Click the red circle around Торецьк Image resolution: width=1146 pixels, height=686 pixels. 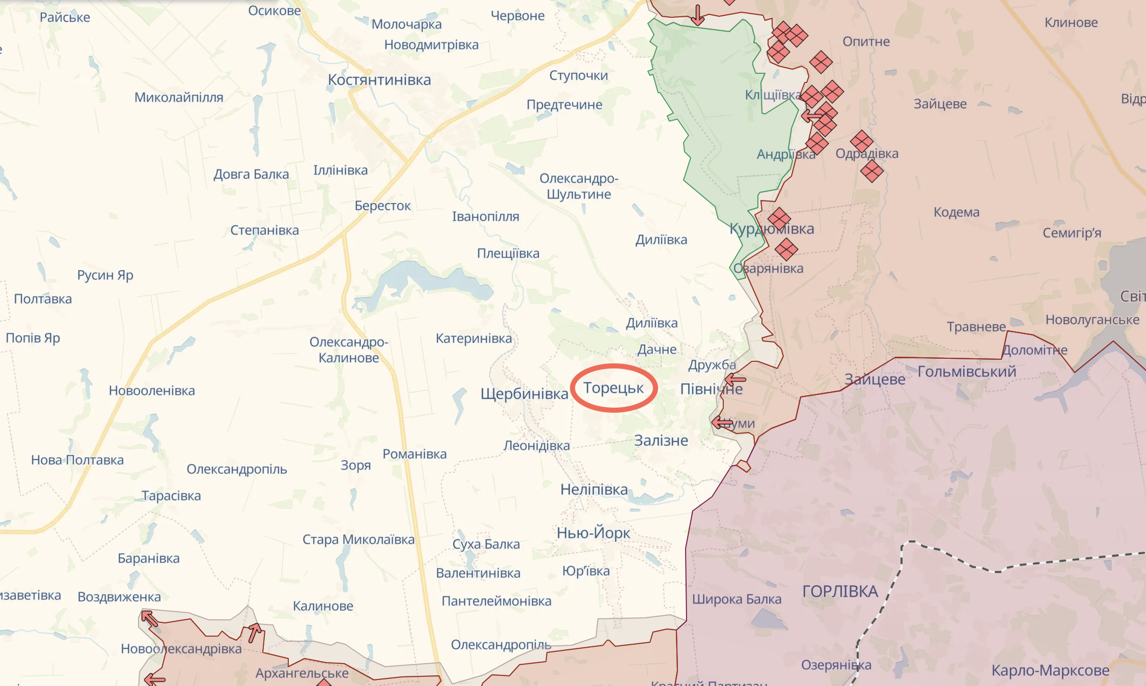pyautogui.click(x=614, y=366)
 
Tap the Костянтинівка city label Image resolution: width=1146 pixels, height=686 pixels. pyautogui.click(x=379, y=80)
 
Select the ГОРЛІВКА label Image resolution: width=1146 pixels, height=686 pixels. pyautogui.click(x=840, y=591)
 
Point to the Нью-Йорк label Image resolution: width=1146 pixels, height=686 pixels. pyautogui.click(x=593, y=533)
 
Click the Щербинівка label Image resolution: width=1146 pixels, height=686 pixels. pyautogui.click(x=524, y=394)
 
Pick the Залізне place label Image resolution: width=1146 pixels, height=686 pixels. pyautogui.click(x=661, y=440)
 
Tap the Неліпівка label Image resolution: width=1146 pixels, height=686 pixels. pyautogui.click(x=594, y=490)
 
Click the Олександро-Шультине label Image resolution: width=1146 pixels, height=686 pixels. pyautogui.click(x=579, y=186)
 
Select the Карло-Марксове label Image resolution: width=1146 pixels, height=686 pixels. pyautogui.click(x=1050, y=670)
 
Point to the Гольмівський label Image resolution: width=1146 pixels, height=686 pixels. pyautogui.click(x=967, y=371)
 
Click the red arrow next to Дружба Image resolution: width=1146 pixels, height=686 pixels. pyautogui.click(x=735, y=380)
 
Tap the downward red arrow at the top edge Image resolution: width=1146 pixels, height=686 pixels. pyautogui.click(x=698, y=15)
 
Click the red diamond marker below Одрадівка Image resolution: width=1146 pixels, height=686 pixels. pyautogui.click(x=871, y=171)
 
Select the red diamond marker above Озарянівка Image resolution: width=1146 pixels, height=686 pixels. pyautogui.click(x=786, y=249)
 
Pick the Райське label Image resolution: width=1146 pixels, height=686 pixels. pyautogui.click(x=65, y=17)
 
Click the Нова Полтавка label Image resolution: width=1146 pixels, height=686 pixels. pyautogui.click(x=77, y=460)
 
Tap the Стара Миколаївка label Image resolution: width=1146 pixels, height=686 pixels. pyautogui.click(x=358, y=539)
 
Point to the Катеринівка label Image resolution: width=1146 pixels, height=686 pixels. pyautogui.click(x=474, y=338)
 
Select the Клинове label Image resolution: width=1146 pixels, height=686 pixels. pyautogui.click(x=1071, y=22)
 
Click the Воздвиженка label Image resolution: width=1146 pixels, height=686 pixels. pyautogui.click(x=119, y=597)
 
